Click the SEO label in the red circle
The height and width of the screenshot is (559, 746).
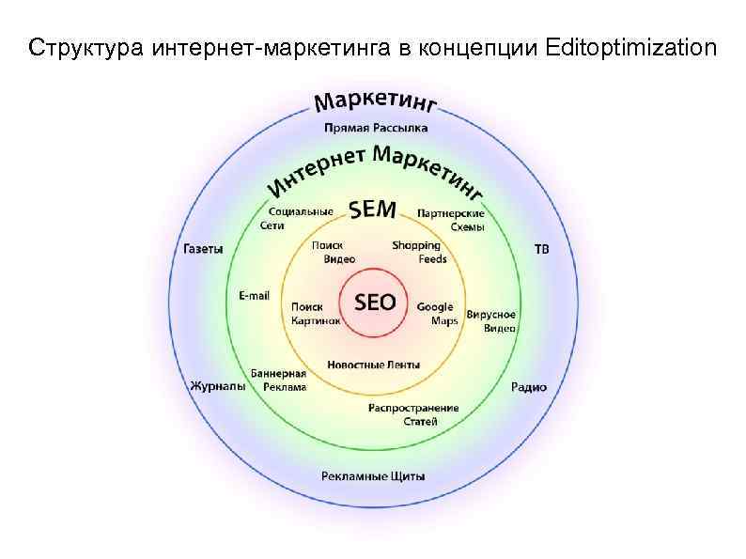coord(374,302)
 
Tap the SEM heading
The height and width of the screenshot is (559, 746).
coord(373,210)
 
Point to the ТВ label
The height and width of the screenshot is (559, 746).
coord(542,249)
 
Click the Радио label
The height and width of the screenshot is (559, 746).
coord(529,386)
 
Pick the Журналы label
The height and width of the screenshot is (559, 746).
coord(218,385)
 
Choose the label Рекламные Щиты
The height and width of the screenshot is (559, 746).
coord(373,475)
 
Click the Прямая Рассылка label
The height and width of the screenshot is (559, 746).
coord(375,127)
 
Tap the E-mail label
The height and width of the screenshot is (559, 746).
coord(254,295)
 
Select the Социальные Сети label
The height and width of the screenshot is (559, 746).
coord(295,218)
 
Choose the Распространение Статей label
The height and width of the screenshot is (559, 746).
coord(413,414)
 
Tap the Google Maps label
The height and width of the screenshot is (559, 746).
coord(437,313)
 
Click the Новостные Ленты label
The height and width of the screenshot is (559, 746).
coord(373,365)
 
